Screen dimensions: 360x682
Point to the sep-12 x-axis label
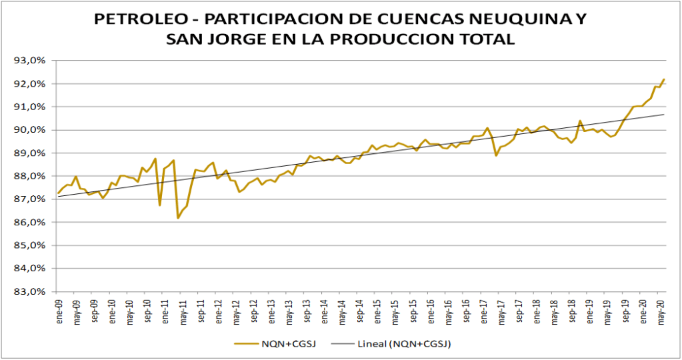pyautogui.click(x=253, y=309)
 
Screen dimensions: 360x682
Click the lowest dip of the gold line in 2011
pyautogui.click(x=178, y=217)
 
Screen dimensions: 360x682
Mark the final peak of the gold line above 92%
pyautogui.click(x=664, y=79)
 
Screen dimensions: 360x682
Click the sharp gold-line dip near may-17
pyautogui.click(x=496, y=155)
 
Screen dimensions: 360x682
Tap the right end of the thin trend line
pyautogui.click(x=664, y=114)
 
